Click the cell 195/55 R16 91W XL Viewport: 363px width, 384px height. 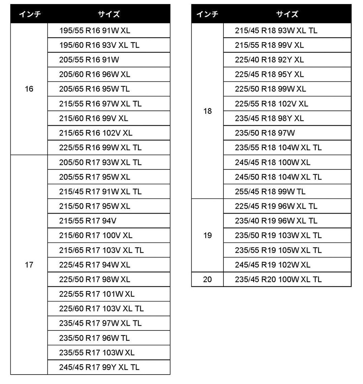click(95, 31)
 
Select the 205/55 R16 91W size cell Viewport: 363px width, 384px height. click(89, 60)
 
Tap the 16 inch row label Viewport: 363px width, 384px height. click(29, 89)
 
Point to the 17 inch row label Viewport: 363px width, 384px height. click(29, 265)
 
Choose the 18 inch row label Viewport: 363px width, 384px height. click(208, 111)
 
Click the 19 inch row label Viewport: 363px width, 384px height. click(208, 235)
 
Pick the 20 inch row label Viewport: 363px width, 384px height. click(208, 280)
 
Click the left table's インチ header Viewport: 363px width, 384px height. click(29, 14)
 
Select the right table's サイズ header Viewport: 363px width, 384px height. click(287, 14)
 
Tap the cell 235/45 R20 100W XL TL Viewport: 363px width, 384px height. click(278, 280)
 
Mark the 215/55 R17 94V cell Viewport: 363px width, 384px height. click(88, 221)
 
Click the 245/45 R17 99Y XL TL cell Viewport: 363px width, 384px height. click(99, 367)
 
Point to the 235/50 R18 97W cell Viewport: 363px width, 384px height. click(265, 133)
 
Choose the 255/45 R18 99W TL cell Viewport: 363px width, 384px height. click(270, 192)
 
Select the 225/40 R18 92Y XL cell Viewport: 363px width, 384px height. click(269, 60)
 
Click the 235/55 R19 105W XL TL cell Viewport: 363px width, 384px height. click(278, 250)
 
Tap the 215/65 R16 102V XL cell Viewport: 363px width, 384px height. click(96, 133)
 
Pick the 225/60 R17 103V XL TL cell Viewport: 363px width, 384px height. click(101, 309)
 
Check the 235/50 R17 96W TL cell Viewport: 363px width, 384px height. click(95, 338)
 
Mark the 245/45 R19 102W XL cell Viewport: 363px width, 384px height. click(273, 265)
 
